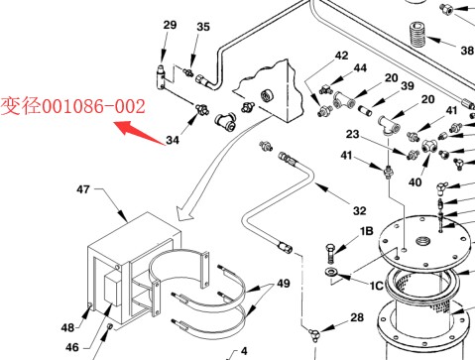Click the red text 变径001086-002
click(73, 106)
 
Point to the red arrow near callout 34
click(140, 133)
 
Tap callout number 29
click(170, 25)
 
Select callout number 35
click(203, 27)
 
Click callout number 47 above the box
click(83, 189)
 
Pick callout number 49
click(284, 284)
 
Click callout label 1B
click(367, 231)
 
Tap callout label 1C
click(377, 286)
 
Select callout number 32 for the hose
click(360, 211)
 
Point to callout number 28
click(357, 317)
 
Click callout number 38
click(467, 51)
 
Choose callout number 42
click(341, 56)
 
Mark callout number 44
click(360, 68)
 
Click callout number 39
click(408, 86)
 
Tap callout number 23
click(352, 134)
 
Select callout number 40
click(416, 182)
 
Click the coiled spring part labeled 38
click(417, 35)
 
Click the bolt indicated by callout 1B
click(331, 253)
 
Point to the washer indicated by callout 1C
click(330, 273)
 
